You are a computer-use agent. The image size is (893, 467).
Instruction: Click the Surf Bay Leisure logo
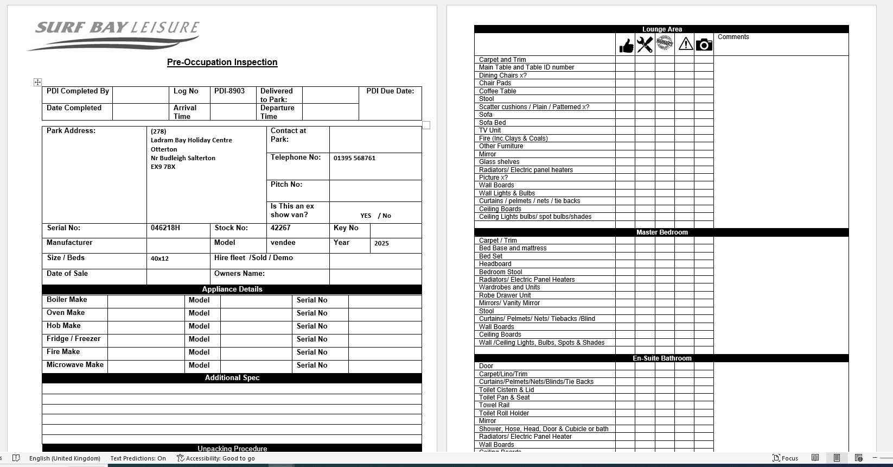[x=114, y=35]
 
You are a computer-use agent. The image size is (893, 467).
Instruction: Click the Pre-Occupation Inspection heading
[x=222, y=62]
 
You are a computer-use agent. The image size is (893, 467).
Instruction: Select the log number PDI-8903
[x=229, y=91]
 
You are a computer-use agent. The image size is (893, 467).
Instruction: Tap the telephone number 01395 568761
[x=354, y=158]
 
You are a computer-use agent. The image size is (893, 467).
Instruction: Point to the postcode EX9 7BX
[x=163, y=167]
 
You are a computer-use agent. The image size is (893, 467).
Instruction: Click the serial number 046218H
[x=165, y=228]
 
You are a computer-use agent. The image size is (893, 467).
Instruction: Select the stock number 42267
[x=280, y=228]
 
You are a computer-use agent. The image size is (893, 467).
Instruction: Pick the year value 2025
[x=381, y=243]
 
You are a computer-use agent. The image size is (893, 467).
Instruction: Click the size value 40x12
[x=160, y=258]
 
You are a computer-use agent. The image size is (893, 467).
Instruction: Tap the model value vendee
[x=283, y=243]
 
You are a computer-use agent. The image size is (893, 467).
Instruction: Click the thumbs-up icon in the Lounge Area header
[x=626, y=45]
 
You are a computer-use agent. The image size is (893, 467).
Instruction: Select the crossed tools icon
[x=645, y=45]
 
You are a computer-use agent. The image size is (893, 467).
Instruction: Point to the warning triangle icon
[x=685, y=43]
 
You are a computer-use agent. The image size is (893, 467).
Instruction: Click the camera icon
[x=704, y=45]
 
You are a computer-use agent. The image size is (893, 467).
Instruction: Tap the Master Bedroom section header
[x=661, y=232]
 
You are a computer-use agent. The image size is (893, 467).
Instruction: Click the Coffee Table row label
[x=497, y=91]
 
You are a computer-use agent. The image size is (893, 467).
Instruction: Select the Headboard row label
[x=495, y=264]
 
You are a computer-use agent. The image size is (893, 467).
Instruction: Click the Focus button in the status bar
[x=785, y=458]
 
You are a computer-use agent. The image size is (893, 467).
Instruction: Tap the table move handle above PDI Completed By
[x=37, y=82]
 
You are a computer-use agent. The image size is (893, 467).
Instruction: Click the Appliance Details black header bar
[x=232, y=289]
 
